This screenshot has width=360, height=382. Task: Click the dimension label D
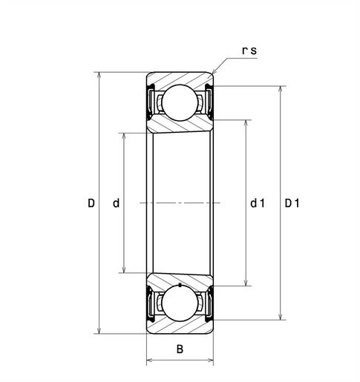pyautogui.click(x=91, y=203)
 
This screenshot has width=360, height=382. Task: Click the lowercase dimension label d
pyautogui.click(x=116, y=203)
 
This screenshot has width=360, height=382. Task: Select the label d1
pyautogui.click(x=258, y=203)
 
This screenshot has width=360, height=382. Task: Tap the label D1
pyautogui.click(x=292, y=203)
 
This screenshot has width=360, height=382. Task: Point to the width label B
pyautogui.click(x=180, y=349)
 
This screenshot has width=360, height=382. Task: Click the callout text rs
pyautogui.click(x=249, y=50)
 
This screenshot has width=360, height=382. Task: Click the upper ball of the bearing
pyautogui.click(x=180, y=102)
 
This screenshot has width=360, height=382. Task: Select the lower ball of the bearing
pyautogui.click(x=180, y=303)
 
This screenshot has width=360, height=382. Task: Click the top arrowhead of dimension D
pyautogui.click(x=99, y=75)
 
